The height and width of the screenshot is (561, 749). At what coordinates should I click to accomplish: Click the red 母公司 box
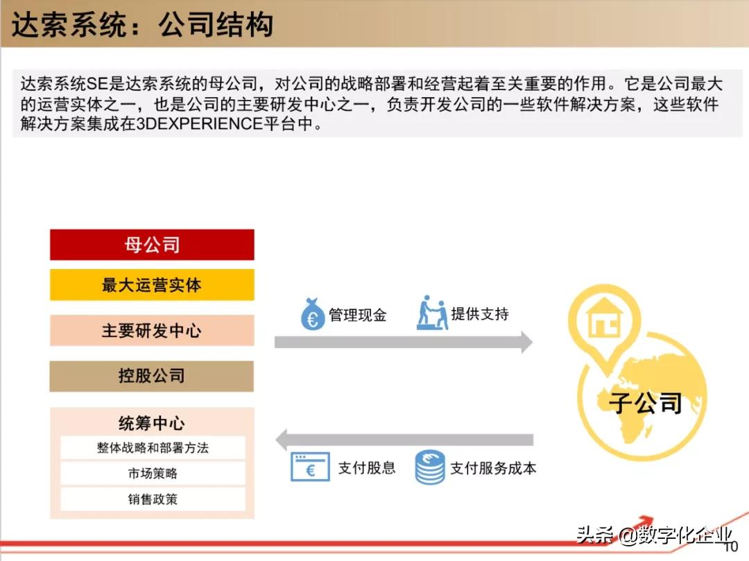pos(152,245)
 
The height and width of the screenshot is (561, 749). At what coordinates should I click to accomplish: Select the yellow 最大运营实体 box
pos(152,285)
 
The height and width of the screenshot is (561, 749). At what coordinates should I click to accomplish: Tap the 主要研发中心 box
pos(152,331)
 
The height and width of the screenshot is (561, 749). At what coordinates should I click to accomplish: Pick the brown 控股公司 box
pos(152,377)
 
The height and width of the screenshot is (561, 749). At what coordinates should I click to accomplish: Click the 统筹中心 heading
pos(152,423)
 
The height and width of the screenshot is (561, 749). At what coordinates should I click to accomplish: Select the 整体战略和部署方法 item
pos(153,448)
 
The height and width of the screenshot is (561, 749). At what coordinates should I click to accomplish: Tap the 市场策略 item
pos(153,474)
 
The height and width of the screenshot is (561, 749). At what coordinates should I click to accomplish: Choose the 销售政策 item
pos(153,499)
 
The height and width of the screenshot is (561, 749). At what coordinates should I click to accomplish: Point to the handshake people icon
pos(432,313)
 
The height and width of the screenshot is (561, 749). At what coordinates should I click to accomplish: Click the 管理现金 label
pos(358,316)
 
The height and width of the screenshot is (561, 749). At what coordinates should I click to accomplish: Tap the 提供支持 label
pos(480,314)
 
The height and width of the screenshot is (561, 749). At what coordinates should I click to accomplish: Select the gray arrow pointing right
pos(403,342)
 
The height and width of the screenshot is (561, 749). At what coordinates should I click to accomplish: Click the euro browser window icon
pos(309,468)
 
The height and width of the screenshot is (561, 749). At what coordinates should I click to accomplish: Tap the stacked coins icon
pos(430,467)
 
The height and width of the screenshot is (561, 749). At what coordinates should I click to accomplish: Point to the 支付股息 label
pos(367,468)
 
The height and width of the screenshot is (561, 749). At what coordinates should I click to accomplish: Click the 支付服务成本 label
pos(493,468)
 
